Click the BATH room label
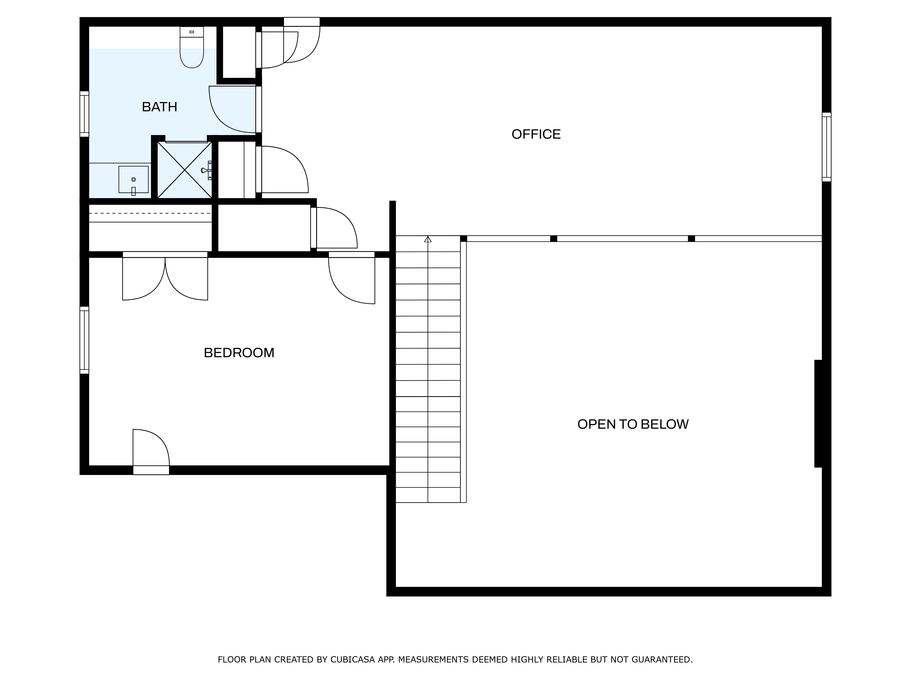[x=159, y=107]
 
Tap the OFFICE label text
[x=536, y=134]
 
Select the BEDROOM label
[x=239, y=353]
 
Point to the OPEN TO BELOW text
[x=633, y=424]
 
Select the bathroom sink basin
[x=133, y=179]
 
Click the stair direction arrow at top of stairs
[x=428, y=239]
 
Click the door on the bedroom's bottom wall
[x=151, y=452]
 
